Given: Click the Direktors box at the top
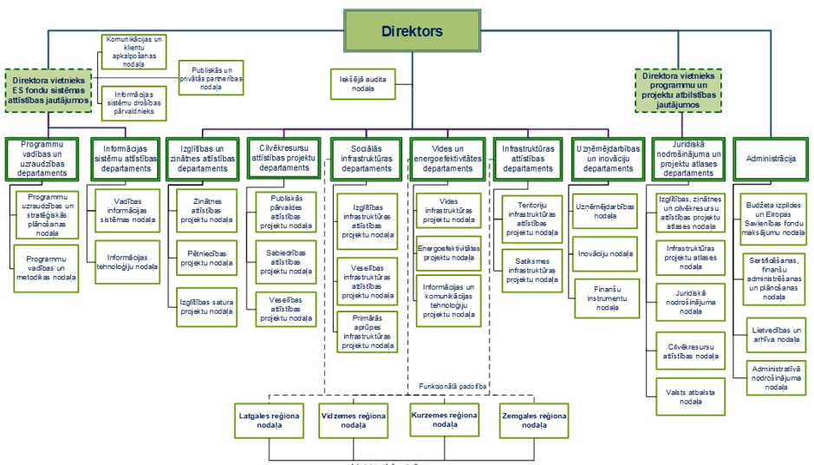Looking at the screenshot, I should pos(412,30).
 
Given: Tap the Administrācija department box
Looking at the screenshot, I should pos(771,159).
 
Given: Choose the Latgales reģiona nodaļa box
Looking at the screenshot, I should pos(269,421).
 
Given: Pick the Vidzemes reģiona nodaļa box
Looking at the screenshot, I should pos(353,421).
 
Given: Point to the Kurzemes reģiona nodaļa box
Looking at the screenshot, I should pos(444,420).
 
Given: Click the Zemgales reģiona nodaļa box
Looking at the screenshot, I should pos(534,421).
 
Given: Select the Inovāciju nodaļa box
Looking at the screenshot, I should pos(605,254).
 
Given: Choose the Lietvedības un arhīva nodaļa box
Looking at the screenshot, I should pos(773,335).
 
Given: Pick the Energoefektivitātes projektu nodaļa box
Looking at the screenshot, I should pos(447,252).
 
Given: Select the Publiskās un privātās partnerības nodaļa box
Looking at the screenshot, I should pos(211,78).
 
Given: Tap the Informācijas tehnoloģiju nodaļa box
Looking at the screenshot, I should pos(127,262).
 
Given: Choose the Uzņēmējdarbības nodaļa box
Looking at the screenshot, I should pos(605,211).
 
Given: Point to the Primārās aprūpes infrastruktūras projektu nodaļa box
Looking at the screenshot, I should pos(368,331).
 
